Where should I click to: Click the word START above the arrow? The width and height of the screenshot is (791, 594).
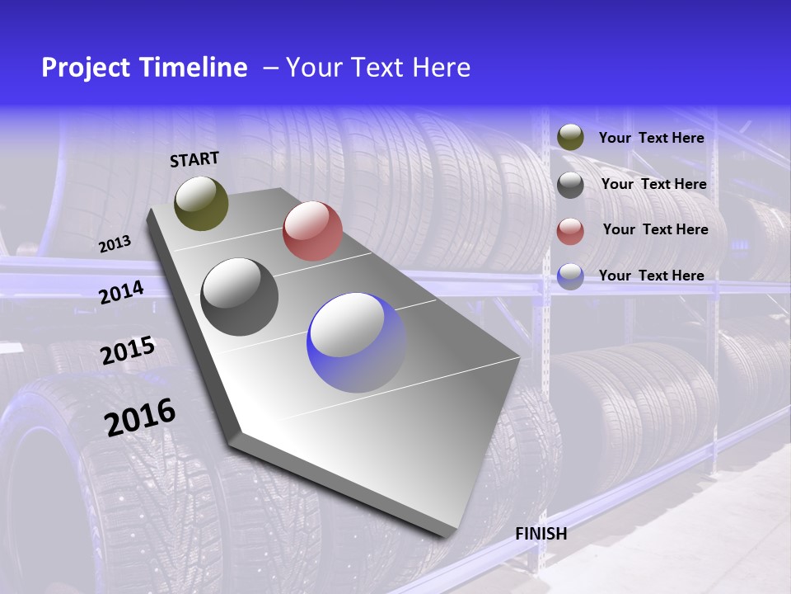(194, 159)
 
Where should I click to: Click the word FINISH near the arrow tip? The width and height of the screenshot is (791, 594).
(541, 534)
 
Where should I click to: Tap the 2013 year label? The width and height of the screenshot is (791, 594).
(115, 244)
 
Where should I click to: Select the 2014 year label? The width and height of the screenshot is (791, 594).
(121, 292)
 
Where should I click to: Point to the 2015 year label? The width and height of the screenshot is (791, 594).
(128, 351)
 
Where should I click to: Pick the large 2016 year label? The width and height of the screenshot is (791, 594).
(140, 417)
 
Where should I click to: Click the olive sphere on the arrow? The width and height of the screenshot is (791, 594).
(202, 203)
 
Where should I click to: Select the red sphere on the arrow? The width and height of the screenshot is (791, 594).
(312, 231)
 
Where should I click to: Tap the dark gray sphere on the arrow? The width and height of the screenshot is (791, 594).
(240, 297)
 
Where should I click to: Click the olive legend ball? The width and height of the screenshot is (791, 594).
(570, 137)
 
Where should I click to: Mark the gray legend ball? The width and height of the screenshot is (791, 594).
(570, 184)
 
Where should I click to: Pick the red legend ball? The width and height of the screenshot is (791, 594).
(570, 231)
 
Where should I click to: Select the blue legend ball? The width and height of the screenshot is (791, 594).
(570, 276)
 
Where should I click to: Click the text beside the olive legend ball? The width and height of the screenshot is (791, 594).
(651, 138)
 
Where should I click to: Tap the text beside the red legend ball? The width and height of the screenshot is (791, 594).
(655, 229)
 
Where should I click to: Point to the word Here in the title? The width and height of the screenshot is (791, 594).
(441, 68)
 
